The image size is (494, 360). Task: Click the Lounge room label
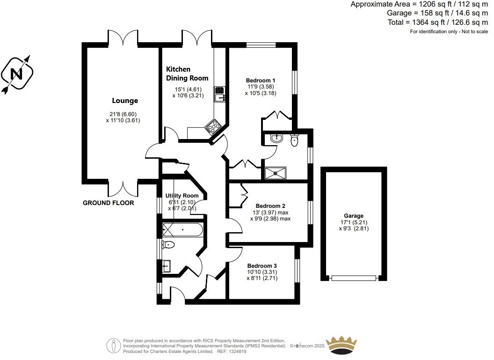(125, 101)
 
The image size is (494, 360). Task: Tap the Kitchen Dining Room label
(187, 73)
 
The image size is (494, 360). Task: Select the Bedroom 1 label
(260, 80)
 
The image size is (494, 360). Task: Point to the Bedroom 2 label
(270, 206)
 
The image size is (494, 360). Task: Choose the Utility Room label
(182, 196)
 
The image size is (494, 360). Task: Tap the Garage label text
(354, 216)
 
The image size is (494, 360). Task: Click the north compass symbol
(17, 74)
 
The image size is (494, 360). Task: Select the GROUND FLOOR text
(108, 203)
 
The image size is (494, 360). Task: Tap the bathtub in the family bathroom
(182, 230)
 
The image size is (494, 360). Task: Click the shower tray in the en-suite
(276, 173)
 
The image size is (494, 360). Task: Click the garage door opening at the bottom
(354, 278)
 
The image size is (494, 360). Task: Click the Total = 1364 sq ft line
(437, 22)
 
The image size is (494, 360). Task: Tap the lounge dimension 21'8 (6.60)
(123, 114)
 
